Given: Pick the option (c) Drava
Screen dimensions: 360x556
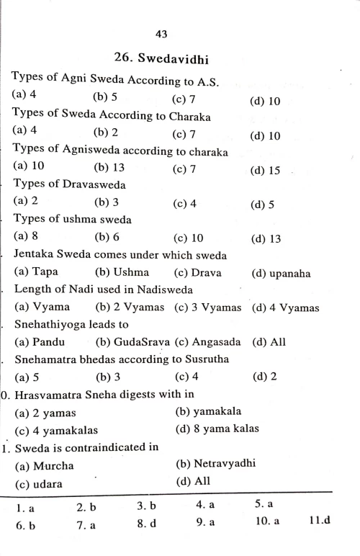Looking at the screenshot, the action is (197, 273).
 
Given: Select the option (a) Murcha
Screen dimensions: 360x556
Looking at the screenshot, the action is (44, 465).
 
